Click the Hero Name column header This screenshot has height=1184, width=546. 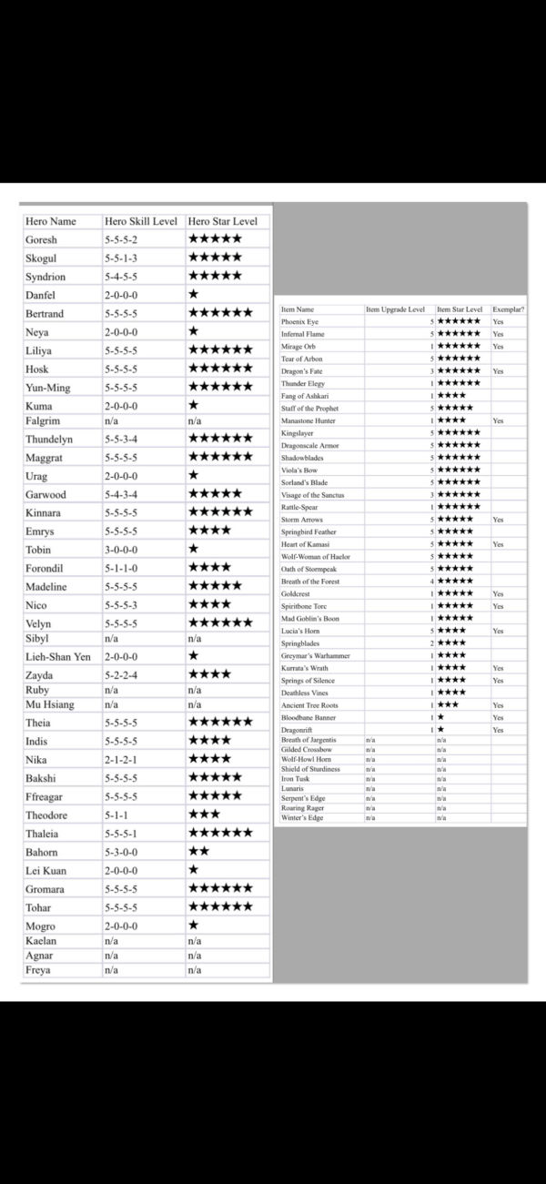coord(51,221)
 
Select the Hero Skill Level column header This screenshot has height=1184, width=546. coord(140,221)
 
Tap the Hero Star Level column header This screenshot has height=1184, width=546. coord(222,221)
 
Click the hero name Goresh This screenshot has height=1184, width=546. coord(42,239)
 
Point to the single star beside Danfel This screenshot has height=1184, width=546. coord(193,295)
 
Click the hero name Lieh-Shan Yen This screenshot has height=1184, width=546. coord(58,656)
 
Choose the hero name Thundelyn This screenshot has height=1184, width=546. coord(49,440)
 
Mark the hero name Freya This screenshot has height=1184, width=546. coord(38,970)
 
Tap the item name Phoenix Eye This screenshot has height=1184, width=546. coord(300,322)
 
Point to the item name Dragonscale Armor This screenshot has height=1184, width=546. coord(310,446)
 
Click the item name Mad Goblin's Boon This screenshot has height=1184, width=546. coord(310,619)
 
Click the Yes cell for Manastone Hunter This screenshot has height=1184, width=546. coord(498,421)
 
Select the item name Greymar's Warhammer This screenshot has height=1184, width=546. coord(315,655)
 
